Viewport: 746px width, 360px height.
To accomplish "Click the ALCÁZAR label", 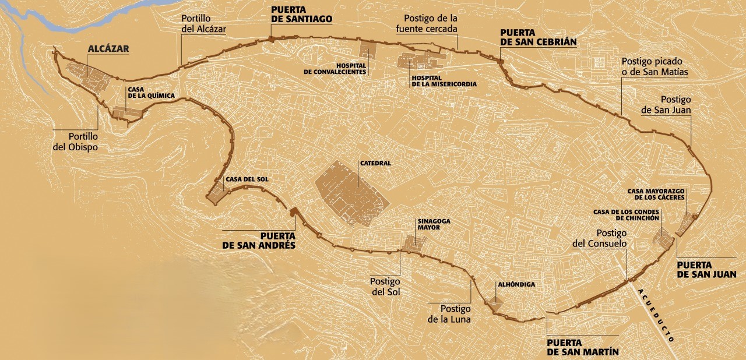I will tap(108, 49).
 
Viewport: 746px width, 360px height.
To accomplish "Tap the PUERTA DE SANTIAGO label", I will tap(301, 14).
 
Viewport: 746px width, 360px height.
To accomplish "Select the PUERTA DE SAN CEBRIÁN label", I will tap(538, 37).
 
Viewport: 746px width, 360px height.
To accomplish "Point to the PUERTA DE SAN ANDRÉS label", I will tap(259, 241).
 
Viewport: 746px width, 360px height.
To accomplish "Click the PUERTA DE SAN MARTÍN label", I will tap(582, 347).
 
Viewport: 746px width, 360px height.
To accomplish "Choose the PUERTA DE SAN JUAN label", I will tap(706, 269).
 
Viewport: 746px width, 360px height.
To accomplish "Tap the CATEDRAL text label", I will tap(375, 164).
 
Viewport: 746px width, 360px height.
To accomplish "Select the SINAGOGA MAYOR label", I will tap(434, 225).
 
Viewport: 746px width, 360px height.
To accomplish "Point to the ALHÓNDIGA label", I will tap(516, 285).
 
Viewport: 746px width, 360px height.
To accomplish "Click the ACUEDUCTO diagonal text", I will tap(657, 315).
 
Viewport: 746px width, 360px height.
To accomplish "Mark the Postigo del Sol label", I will tap(385, 286).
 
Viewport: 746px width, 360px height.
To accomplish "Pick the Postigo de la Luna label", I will tap(449, 314).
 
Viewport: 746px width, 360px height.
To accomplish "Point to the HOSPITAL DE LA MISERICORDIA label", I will tap(444, 81).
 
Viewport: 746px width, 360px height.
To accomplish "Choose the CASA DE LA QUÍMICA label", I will tap(151, 92).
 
